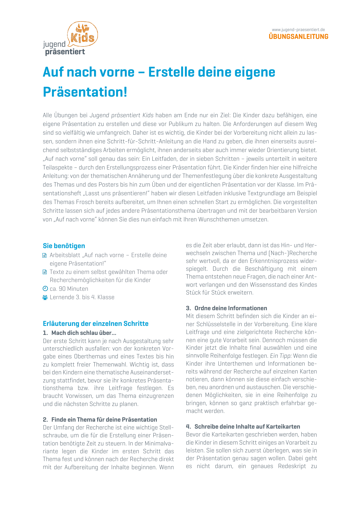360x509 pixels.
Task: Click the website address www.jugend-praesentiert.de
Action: [x=298, y=30]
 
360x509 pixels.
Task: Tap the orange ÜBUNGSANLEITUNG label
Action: [x=298, y=37]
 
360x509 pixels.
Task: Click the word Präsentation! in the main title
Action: [x=85, y=92]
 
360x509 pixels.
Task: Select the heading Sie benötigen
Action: [x=64, y=246]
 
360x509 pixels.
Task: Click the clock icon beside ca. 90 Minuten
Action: [x=45, y=288]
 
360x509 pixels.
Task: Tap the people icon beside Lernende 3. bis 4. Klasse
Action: [x=45, y=297]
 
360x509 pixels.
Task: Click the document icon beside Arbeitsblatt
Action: [x=45, y=255]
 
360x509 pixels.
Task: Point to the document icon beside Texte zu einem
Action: [x=45, y=272]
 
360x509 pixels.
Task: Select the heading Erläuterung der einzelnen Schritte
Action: [x=96, y=324]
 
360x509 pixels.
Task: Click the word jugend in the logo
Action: [x=54, y=44]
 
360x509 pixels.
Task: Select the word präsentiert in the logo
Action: [x=65, y=52]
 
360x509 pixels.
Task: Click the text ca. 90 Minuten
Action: [x=69, y=289]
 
